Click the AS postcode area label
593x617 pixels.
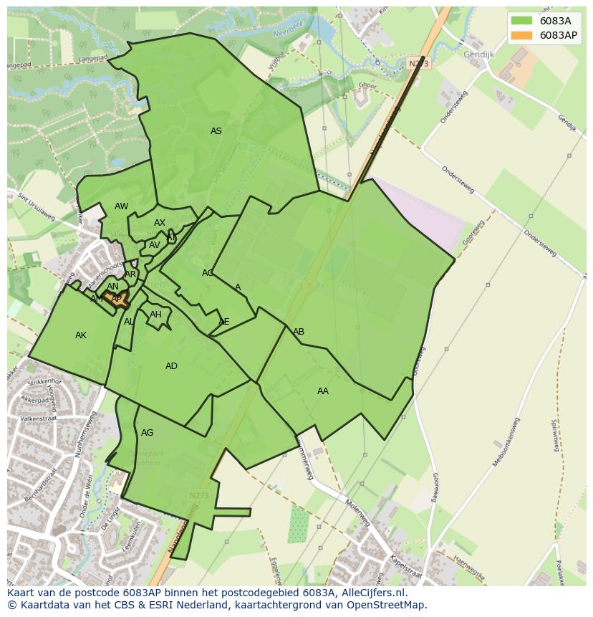coord(216,131)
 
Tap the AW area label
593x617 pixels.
coord(121,206)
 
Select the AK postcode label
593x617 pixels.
coord(81,335)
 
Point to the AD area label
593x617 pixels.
coord(171,366)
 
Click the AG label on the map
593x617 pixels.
coord(147,433)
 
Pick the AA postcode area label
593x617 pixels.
coord(323,391)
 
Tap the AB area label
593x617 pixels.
coord(299,332)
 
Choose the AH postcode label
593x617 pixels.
coord(155,315)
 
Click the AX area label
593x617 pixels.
coord(160,223)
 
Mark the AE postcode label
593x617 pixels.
coord(224,322)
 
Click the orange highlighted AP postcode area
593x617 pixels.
coord(116,298)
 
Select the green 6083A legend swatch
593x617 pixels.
coord(522,21)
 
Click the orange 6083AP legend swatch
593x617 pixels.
coord(522,35)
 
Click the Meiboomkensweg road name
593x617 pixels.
coord(510,440)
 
